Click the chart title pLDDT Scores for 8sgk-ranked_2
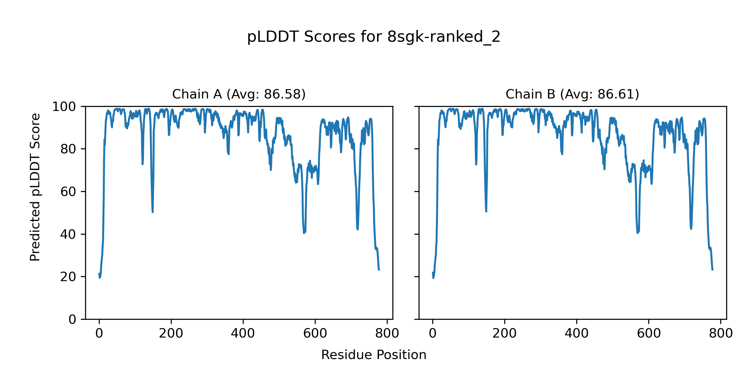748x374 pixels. tap(374, 37)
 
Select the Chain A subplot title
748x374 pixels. tap(239, 94)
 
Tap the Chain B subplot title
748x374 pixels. tap(572, 94)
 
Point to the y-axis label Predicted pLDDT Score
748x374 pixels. tap(35, 187)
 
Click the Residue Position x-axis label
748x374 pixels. tap(374, 355)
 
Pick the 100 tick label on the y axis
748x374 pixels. tap(64, 107)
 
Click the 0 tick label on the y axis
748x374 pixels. tap(72, 319)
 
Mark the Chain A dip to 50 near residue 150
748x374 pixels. tap(153, 212)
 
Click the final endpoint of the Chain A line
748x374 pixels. tap(379, 270)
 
